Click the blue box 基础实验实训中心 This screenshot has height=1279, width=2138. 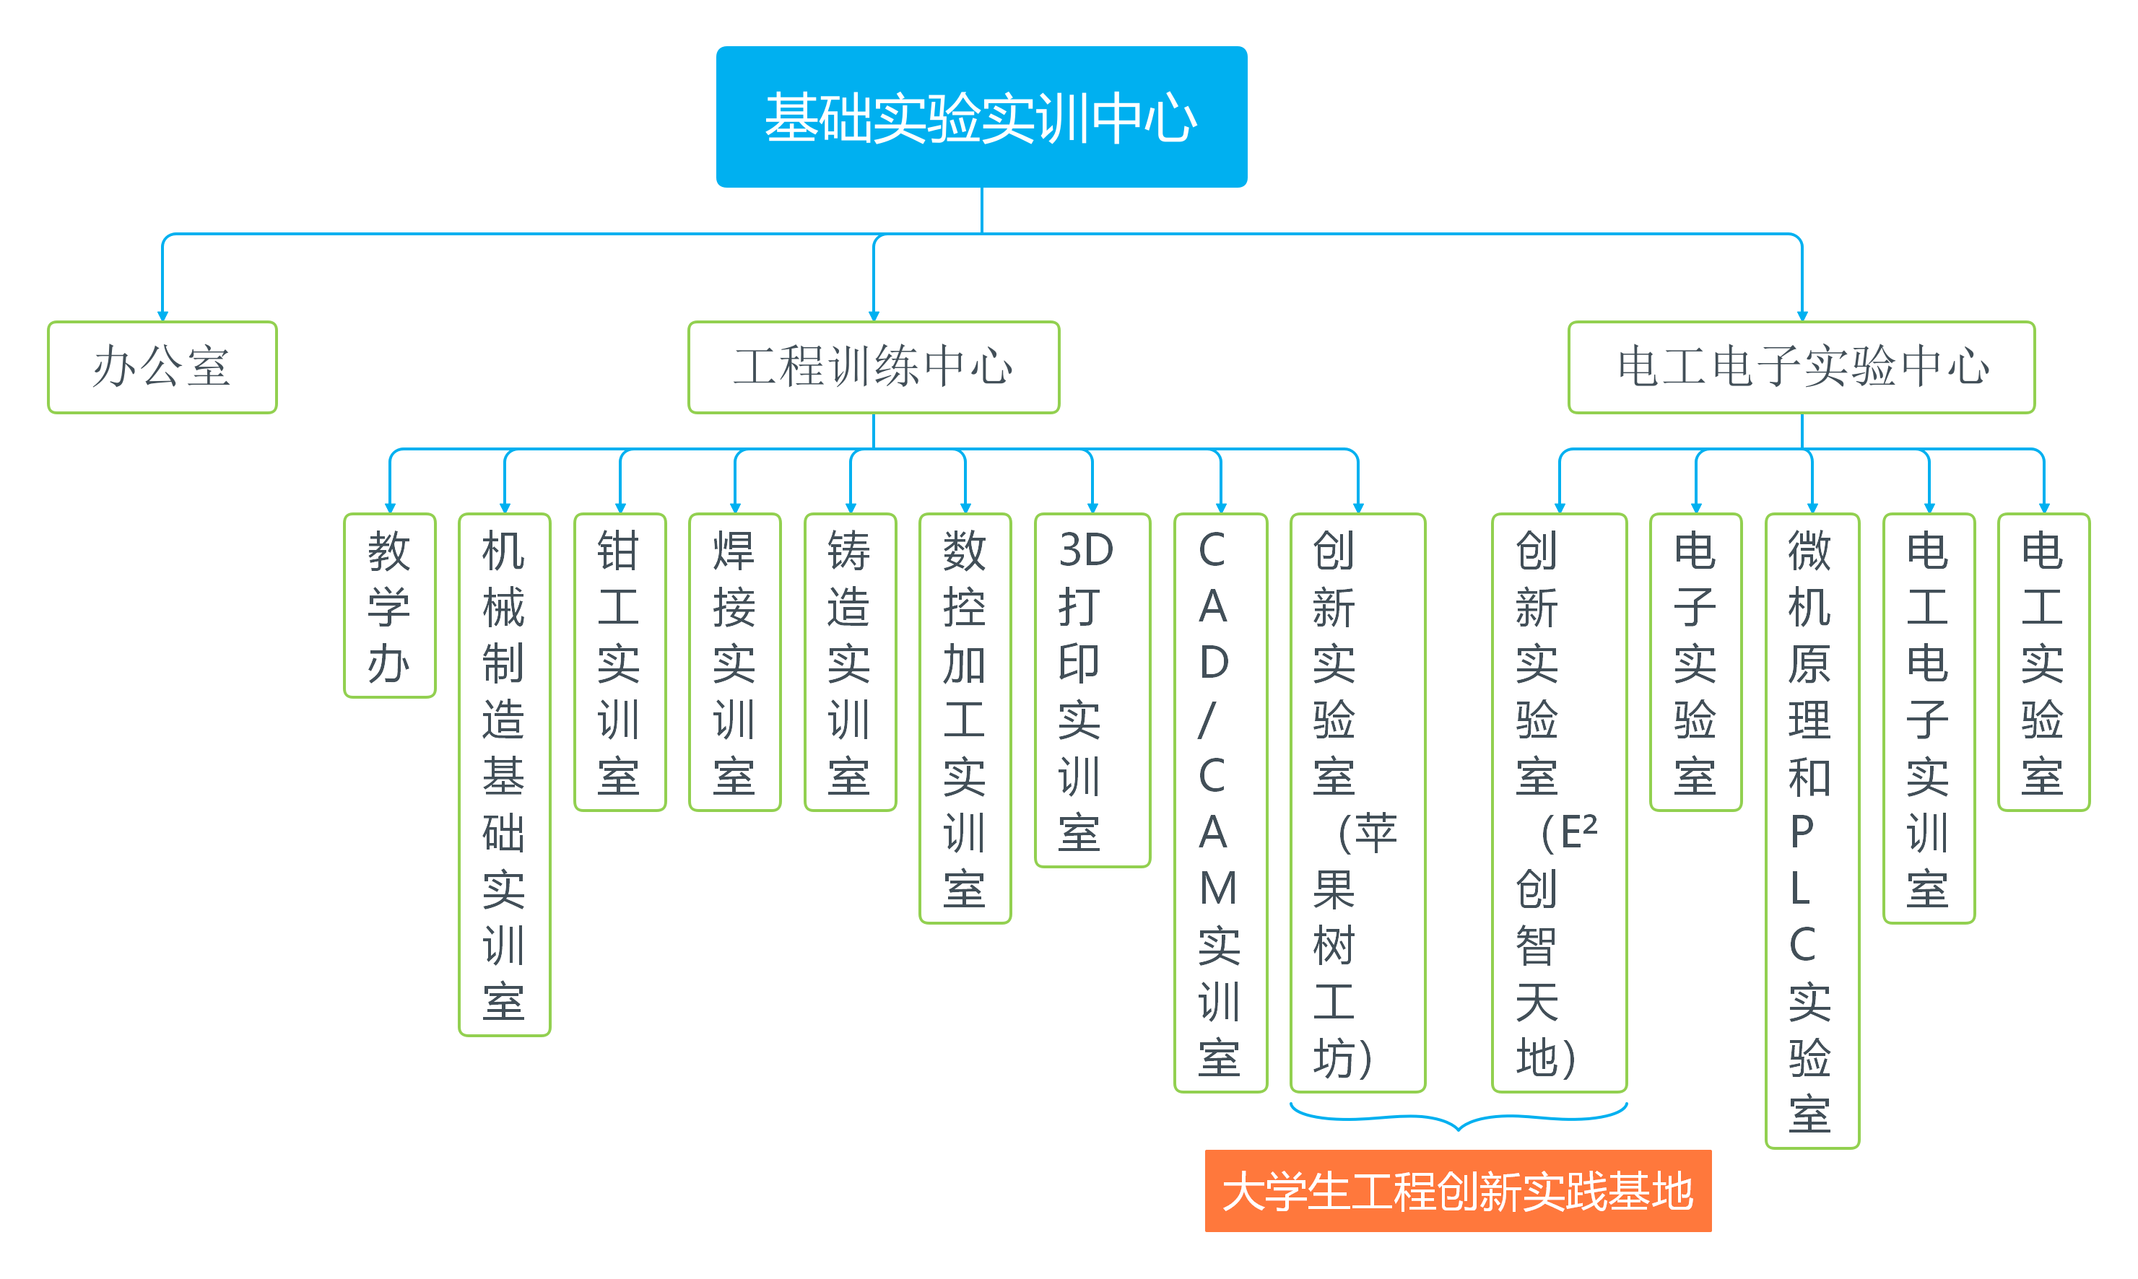981,116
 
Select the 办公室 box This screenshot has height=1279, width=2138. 162,367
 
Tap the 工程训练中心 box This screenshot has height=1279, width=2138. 873,367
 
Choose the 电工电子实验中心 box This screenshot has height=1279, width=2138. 1801,367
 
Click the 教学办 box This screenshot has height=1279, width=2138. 390,605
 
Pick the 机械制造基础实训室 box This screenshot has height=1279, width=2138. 504,774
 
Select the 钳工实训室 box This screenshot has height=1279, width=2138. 620,662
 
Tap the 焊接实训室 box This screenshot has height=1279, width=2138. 734,662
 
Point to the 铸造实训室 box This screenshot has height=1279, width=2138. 850,662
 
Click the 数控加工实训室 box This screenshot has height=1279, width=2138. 965,718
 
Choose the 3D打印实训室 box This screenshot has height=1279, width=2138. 1092,689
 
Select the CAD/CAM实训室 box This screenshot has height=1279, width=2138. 1220,803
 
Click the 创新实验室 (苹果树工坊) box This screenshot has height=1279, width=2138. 1357,803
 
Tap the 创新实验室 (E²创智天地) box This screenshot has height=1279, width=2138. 1559,803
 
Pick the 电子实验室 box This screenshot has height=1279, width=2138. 1696,662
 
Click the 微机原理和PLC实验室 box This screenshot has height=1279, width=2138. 1812,831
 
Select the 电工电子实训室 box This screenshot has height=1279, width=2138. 1929,718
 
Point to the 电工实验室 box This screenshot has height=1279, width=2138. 2043,662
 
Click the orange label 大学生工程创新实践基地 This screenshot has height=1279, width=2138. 1458,1190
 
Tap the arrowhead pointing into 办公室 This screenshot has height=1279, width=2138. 162,315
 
